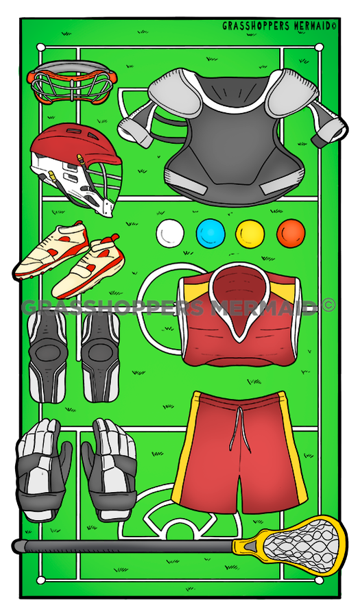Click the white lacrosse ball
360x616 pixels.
point(170,234)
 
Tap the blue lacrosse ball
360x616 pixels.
point(211,234)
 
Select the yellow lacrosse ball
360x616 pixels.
point(250,234)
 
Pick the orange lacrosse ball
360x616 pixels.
point(291,234)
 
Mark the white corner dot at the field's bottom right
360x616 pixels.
point(319,580)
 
